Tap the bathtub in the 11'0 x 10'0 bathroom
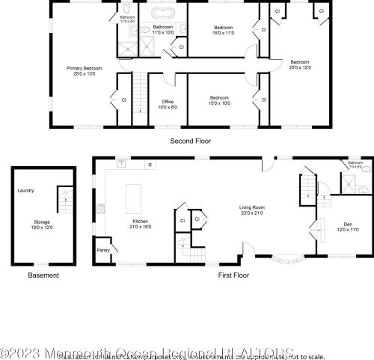point(164,13)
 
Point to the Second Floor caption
point(191,140)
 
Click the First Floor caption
point(233,275)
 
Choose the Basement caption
point(43,275)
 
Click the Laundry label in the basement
point(25,190)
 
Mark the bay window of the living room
point(286,261)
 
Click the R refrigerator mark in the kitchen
point(150,165)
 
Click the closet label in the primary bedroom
point(123,99)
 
